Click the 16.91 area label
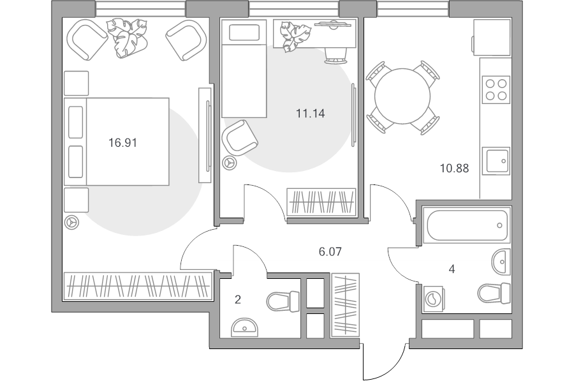pos(122,142)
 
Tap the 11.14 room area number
pos(310,114)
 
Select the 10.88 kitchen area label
pos(454,168)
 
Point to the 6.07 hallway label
pos(330,251)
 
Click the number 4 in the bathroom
pos(452,269)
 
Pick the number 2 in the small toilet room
pos(238,300)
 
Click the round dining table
pos(402,96)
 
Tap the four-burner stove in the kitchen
pos(496,89)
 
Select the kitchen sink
pos(496,161)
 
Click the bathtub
pos(467,225)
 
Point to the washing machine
pos(434,299)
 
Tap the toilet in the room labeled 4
pos(494,293)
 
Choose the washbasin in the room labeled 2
pos(244,327)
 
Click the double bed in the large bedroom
pos(117,142)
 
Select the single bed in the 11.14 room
pos(244,68)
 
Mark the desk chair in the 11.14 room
pos(335,56)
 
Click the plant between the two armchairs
pos(127,38)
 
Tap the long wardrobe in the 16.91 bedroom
pos(138,286)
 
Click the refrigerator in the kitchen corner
pos(491,38)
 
